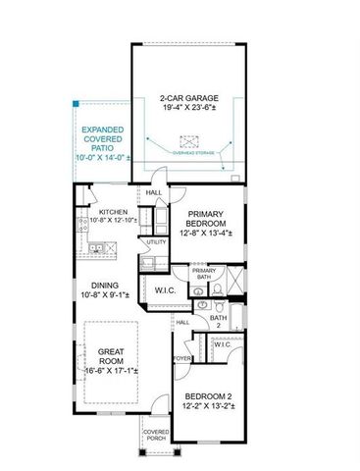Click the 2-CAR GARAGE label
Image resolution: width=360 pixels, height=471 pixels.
[188, 98]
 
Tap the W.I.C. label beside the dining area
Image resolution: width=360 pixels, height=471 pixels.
[164, 290]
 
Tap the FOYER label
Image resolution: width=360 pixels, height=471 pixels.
[182, 358]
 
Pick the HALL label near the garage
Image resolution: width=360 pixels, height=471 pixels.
[154, 193]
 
